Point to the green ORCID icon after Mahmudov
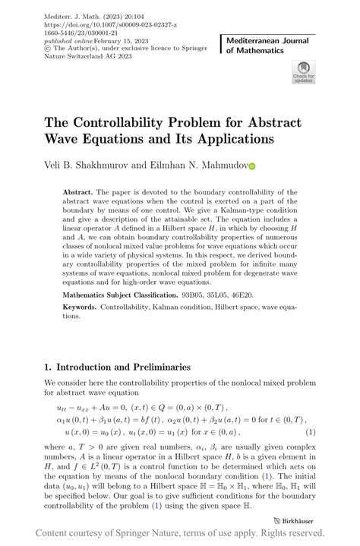click(x=252, y=166)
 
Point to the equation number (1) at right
click(x=310, y=432)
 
